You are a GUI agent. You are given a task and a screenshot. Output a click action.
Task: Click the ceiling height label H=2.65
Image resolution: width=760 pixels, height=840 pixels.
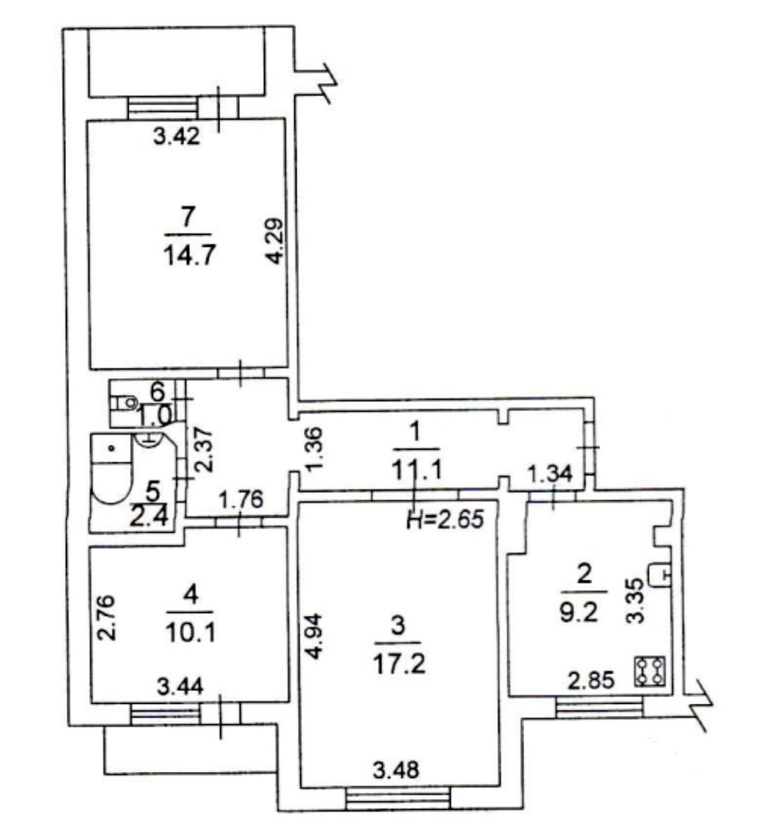[x=445, y=519]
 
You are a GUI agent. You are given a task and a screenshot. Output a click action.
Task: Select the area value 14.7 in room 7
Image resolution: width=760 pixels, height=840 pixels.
[x=190, y=255]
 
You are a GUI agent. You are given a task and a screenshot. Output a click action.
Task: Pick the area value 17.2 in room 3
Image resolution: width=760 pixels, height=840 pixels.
[x=399, y=664]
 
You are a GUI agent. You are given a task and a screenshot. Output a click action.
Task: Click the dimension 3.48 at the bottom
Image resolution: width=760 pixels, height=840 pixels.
[x=395, y=770]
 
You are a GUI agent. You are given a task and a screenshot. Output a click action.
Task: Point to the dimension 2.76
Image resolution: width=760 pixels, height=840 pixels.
[x=106, y=617]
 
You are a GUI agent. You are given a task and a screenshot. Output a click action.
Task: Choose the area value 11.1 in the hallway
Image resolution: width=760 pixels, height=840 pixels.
[x=416, y=470]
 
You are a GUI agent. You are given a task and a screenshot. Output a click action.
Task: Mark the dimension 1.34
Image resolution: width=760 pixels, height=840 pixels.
[x=549, y=475]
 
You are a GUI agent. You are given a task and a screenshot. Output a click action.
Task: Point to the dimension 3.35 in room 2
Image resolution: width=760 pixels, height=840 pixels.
[x=635, y=601]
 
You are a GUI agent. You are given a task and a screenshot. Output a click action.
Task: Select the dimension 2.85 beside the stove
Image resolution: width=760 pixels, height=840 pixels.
[x=591, y=681]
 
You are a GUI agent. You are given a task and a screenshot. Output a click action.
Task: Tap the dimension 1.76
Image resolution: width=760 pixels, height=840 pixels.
[x=241, y=500]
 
